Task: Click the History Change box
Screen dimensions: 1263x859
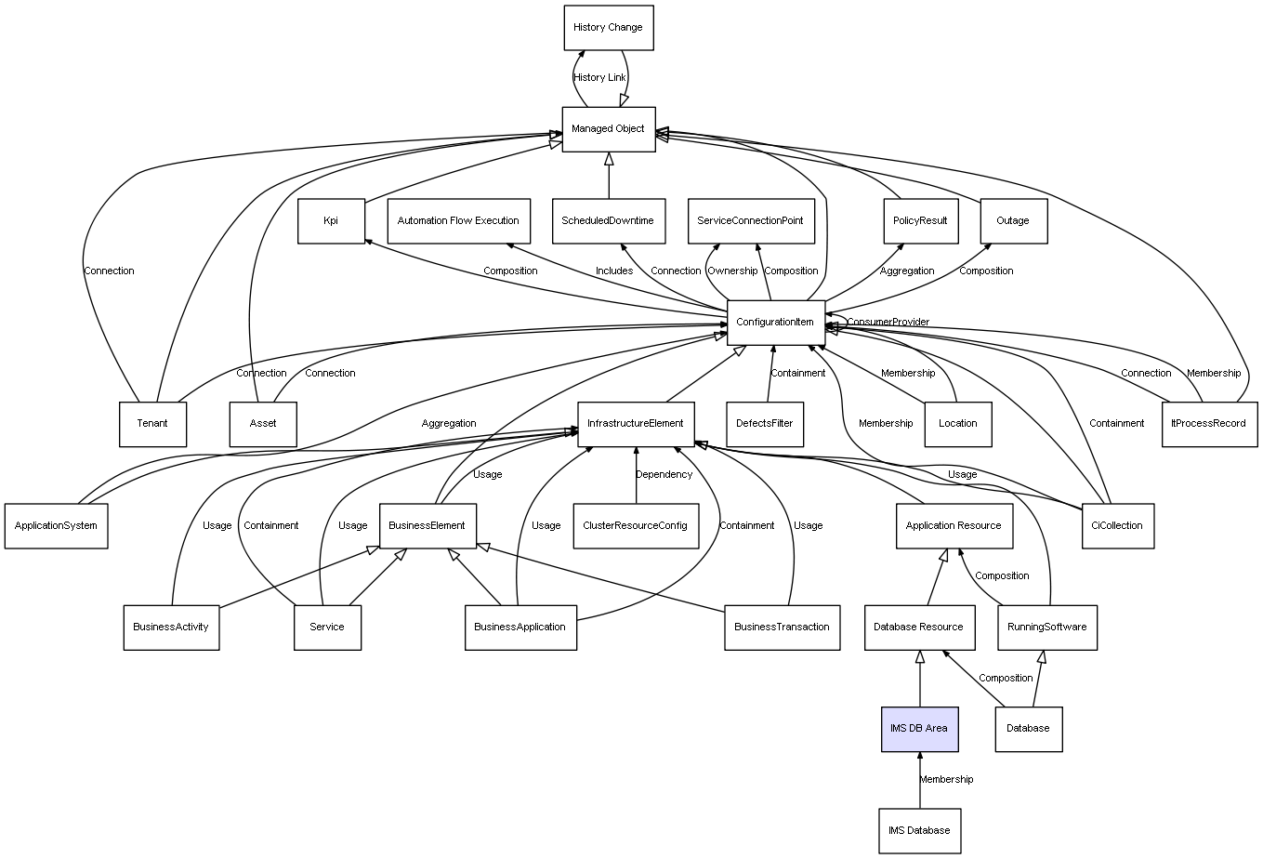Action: click(x=609, y=28)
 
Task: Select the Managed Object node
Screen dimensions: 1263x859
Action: click(x=609, y=129)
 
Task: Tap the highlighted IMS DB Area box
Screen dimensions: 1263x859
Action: click(x=920, y=729)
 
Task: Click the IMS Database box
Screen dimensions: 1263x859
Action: click(x=920, y=831)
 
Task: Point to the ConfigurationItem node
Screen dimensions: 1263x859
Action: click(x=776, y=323)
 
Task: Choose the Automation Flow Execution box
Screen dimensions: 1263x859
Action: click(x=459, y=221)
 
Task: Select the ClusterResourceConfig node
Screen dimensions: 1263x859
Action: click(x=636, y=525)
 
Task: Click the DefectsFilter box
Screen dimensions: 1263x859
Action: click(x=765, y=424)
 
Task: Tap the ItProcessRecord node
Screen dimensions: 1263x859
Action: click(x=1210, y=424)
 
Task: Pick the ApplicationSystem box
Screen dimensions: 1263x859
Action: click(x=57, y=525)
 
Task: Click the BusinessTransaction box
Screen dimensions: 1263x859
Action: click(x=783, y=628)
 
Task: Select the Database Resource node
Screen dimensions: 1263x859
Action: click(x=920, y=628)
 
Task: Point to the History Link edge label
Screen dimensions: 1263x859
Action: click(x=599, y=78)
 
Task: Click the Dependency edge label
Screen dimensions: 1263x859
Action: click(x=664, y=474)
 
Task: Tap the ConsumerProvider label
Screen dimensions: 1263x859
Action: click(x=888, y=322)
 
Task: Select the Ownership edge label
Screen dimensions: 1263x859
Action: click(x=732, y=271)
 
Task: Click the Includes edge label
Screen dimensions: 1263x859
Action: click(x=614, y=271)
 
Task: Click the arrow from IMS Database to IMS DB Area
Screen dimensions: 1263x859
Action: click(x=920, y=780)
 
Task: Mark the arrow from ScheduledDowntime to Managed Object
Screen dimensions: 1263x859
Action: click(x=609, y=176)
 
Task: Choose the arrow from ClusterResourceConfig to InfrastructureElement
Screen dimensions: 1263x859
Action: click(x=636, y=475)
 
